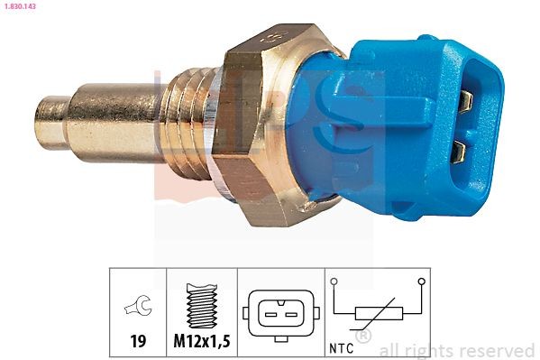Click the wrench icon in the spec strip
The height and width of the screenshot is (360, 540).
[x=138, y=309]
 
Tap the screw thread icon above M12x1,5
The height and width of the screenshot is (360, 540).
[x=202, y=305]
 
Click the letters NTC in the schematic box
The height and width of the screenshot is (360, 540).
[x=343, y=346]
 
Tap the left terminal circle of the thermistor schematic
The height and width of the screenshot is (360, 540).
[x=334, y=283]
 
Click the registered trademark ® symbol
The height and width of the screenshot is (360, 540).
[x=363, y=337]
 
